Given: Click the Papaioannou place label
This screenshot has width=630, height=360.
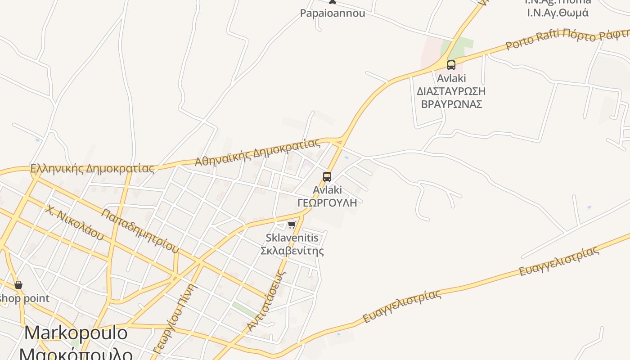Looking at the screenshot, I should point(333,13).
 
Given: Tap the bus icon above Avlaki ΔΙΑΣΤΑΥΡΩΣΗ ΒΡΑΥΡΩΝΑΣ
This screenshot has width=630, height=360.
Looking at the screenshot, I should point(451,65).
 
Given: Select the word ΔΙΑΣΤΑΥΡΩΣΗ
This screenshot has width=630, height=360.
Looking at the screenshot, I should point(451,91).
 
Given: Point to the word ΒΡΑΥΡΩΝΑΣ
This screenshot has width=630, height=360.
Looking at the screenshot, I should point(451,104).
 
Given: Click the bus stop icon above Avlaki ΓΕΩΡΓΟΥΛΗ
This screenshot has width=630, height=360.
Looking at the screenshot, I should point(327,177).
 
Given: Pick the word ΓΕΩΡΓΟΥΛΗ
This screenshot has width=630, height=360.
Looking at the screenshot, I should point(327,202).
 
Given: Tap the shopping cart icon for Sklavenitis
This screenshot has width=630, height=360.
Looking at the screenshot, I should point(292,225).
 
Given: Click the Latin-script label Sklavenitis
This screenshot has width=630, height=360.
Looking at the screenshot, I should point(292,238).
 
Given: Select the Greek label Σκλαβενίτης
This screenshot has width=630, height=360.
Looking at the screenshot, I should point(292,250).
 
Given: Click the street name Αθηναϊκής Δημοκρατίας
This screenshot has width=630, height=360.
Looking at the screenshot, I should point(257,152).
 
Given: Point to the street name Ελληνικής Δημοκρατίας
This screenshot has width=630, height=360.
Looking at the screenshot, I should point(92,169).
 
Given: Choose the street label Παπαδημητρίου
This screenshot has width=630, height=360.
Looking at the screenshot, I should point(140,230).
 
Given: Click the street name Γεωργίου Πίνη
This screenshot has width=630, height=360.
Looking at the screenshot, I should point(175,319).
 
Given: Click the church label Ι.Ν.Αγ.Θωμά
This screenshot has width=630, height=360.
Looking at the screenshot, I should point(558,13).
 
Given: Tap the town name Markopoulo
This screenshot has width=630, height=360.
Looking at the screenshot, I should point(76,333).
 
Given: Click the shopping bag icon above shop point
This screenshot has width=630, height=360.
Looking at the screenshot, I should point(18,285).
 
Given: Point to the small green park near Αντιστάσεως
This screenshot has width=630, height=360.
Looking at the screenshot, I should point(246,310).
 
